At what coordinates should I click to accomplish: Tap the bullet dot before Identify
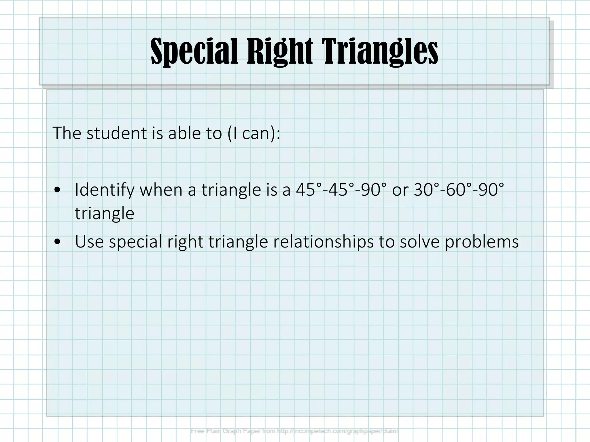(57, 190)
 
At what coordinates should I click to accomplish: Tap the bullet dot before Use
(57, 241)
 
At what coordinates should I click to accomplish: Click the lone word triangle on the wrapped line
(105, 214)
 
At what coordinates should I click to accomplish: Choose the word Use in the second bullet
(89, 241)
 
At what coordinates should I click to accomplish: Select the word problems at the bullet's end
(482, 241)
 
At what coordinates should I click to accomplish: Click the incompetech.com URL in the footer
(337, 431)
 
